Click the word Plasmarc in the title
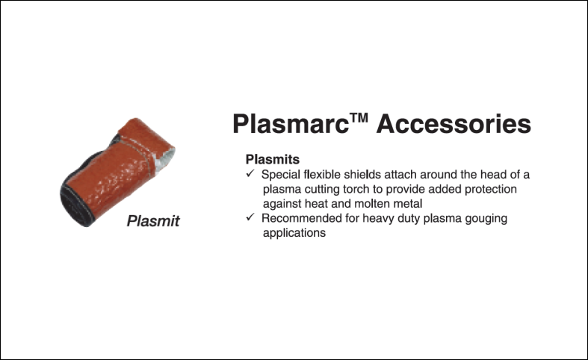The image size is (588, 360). tap(291, 124)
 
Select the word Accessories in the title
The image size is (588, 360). tap(454, 124)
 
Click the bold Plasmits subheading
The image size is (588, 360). tap(273, 159)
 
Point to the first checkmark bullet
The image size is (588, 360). tap(250, 173)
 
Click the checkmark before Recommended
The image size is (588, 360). tap(250, 217)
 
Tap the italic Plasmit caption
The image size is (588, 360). tap(153, 221)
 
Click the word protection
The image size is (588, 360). tap(491, 190)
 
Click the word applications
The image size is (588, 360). tap(294, 233)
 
